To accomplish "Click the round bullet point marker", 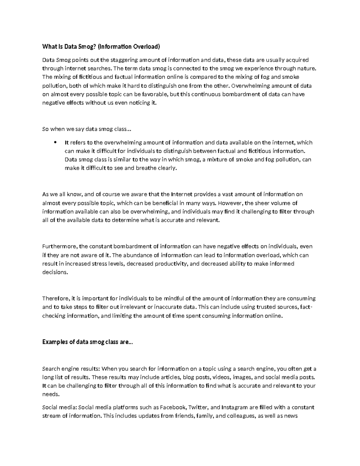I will [55, 143].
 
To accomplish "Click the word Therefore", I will [55, 299].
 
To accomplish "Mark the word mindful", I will [171, 299].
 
